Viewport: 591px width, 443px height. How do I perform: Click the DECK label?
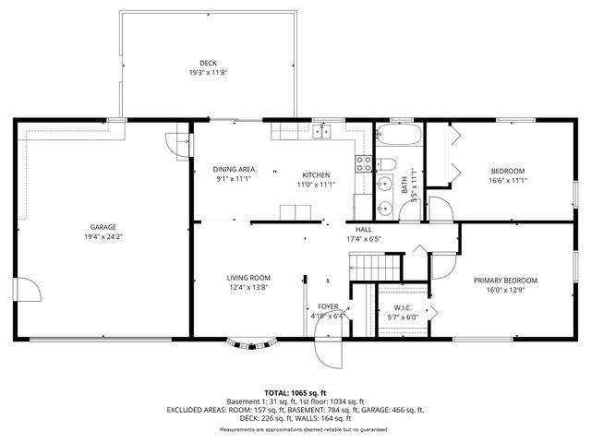click(x=209, y=63)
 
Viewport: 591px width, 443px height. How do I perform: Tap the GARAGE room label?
click(x=103, y=226)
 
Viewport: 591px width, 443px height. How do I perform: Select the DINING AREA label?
click(x=234, y=169)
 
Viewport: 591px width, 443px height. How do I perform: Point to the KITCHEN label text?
click(x=316, y=174)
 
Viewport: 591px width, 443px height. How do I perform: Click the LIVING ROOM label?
click(x=248, y=277)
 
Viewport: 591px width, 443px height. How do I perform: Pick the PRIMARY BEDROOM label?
click(x=505, y=281)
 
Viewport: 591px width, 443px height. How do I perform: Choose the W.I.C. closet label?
click(x=403, y=307)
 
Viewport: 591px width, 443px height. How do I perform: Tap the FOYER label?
click(x=328, y=306)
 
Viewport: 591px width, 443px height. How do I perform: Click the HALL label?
click(x=364, y=229)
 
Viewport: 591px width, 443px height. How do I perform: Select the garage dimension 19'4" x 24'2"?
click(x=103, y=236)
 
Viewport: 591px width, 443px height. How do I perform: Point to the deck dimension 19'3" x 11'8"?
click(x=209, y=73)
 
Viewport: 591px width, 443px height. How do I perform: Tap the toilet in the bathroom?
click(x=388, y=166)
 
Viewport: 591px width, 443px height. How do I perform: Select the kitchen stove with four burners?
click(x=364, y=163)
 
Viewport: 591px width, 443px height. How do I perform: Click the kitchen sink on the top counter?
click(x=321, y=132)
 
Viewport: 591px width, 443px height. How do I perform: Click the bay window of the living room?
click(x=252, y=344)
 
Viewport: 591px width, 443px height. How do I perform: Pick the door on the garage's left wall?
click(x=31, y=291)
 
